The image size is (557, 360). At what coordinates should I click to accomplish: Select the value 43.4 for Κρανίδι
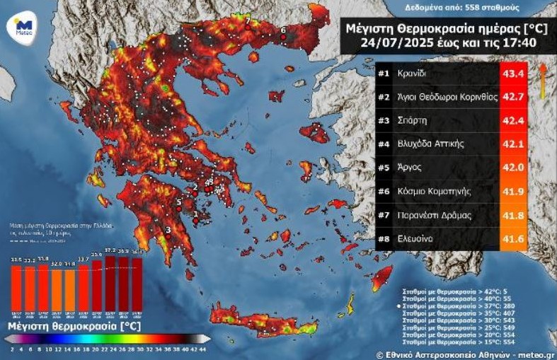click(512, 74)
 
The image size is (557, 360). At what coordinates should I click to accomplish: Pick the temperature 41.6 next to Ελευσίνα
click(512, 239)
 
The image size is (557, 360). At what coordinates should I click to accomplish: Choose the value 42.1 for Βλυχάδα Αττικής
click(512, 144)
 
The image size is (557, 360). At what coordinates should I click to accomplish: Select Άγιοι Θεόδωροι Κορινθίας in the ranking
click(447, 97)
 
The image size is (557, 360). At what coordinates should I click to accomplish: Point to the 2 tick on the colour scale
click(13, 349)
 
